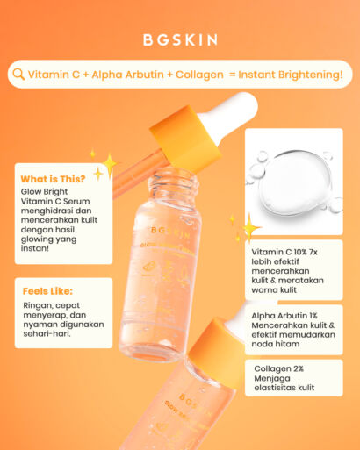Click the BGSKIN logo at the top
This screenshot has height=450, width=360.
pos(180,40)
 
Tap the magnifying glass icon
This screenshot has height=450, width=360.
pos(18,75)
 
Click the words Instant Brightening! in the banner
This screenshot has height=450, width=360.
pos(290,75)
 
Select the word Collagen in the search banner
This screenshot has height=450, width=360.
pos(199,75)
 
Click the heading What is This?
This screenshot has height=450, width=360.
pos(53,179)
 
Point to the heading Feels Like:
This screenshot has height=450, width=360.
pos(47,291)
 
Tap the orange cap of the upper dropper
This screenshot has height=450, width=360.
pos(184,139)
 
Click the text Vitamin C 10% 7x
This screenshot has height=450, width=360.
pos(284,252)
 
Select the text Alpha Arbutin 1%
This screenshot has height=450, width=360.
pos(284,316)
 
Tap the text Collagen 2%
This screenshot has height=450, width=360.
pos(278,368)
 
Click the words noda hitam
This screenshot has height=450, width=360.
pos(276,344)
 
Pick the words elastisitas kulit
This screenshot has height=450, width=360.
pos(284,388)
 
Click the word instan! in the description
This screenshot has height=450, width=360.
pos(35,248)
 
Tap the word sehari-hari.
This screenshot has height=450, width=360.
pos(47,333)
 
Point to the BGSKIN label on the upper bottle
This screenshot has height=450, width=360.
pos(170,232)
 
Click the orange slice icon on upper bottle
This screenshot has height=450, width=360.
pos(148,268)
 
